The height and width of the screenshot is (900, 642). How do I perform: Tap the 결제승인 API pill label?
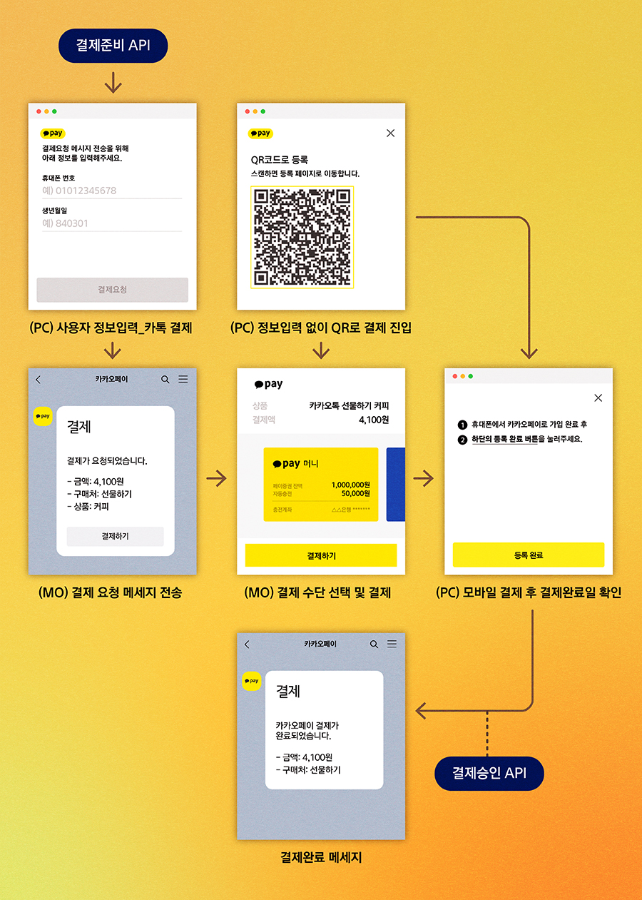(489, 774)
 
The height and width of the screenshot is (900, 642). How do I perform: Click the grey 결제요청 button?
(113, 290)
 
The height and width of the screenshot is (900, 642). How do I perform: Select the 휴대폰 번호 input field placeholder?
(112, 191)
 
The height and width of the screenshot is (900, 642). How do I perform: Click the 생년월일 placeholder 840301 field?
(112, 223)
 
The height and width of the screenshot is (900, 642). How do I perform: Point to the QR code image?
(302, 237)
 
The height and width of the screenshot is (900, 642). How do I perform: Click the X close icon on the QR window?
(390, 133)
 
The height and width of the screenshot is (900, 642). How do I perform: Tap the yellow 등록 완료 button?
(529, 555)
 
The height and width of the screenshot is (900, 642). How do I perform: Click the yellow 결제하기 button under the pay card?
(321, 555)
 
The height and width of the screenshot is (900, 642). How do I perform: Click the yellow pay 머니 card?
(320, 485)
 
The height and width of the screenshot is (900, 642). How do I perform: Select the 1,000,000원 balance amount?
(350, 485)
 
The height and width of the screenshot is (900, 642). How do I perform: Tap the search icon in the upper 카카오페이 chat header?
(165, 380)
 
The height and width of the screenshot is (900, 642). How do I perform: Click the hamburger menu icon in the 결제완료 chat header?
(392, 644)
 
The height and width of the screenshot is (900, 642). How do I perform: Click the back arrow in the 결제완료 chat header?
(247, 644)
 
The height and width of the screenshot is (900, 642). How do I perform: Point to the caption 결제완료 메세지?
(321, 857)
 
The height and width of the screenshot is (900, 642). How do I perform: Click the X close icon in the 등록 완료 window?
(598, 398)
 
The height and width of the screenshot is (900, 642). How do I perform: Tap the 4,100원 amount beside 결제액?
(374, 420)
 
